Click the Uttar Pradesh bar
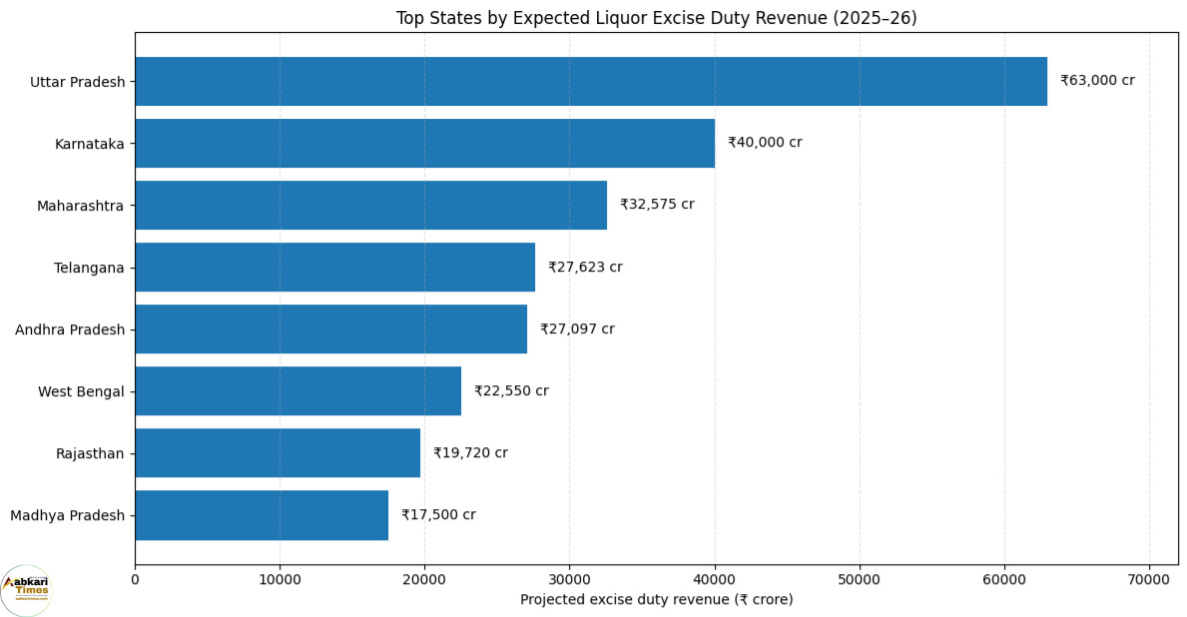[591, 81]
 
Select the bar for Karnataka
[425, 143]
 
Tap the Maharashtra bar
[371, 205]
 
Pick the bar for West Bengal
[298, 391]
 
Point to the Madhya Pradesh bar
[262, 515]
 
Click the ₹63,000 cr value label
[1098, 80]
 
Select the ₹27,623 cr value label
[585, 267]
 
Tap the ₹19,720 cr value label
[470, 452]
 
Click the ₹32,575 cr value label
[657, 205]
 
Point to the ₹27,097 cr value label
[577, 328]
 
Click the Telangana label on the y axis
[89, 268]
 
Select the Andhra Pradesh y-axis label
[70, 330]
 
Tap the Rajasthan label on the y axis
[89, 454]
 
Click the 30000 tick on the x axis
[569, 580]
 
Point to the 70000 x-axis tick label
[1149, 580]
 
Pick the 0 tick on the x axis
[136, 580]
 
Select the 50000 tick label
[860, 580]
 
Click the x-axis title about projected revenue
[656, 600]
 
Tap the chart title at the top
[656, 18]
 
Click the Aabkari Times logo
[27, 590]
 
